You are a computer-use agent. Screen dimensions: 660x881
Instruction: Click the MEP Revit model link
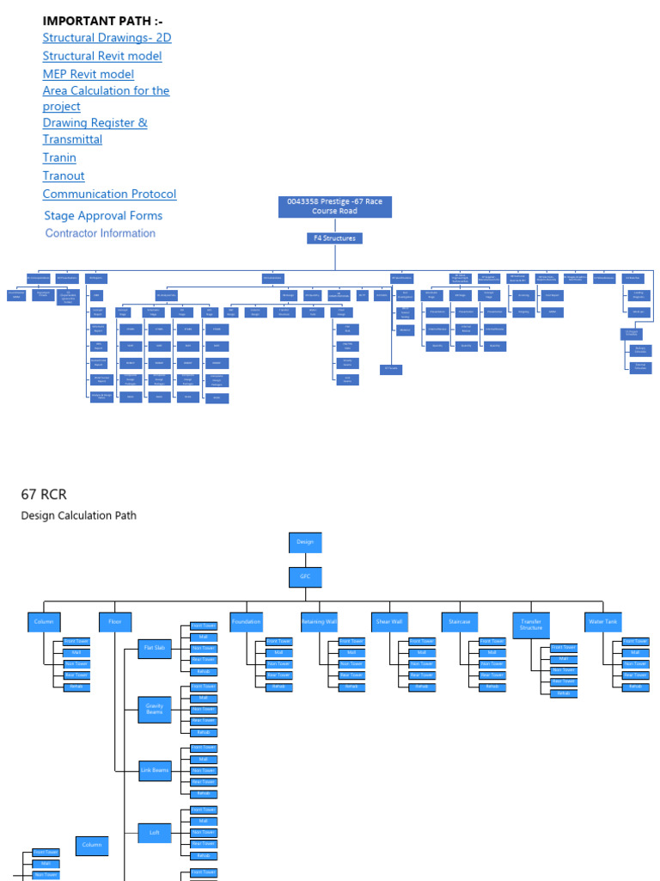tap(89, 74)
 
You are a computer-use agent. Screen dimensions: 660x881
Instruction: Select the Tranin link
tap(59, 157)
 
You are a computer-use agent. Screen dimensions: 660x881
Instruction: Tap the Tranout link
tap(64, 176)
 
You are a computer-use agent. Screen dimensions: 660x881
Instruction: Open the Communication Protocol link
tap(109, 194)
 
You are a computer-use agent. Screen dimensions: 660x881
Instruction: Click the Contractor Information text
tap(101, 233)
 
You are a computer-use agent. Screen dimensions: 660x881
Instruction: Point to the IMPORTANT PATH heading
tap(102, 21)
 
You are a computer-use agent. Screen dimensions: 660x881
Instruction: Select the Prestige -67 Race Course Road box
tap(334, 206)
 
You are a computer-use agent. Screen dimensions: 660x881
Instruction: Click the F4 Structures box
tap(334, 238)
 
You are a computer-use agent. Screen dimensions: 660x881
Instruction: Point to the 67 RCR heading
tap(44, 494)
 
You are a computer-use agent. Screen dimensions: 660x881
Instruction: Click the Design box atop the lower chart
tap(305, 542)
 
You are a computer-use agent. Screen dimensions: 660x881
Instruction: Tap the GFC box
tap(305, 576)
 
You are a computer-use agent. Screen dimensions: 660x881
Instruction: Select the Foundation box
tap(246, 621)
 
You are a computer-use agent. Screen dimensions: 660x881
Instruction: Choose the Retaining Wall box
tap(318, 621)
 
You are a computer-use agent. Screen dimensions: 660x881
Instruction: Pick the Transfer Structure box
tap(531, 625)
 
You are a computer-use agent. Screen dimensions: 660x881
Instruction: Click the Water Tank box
tap(603, 621)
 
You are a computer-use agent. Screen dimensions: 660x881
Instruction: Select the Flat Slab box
tap(155, 649)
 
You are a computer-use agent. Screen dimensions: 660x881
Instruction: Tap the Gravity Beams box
tap(155, 710)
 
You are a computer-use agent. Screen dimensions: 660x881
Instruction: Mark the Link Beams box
tap(155, 772)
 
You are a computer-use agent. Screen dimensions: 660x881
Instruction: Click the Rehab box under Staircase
tap(492, 687)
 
